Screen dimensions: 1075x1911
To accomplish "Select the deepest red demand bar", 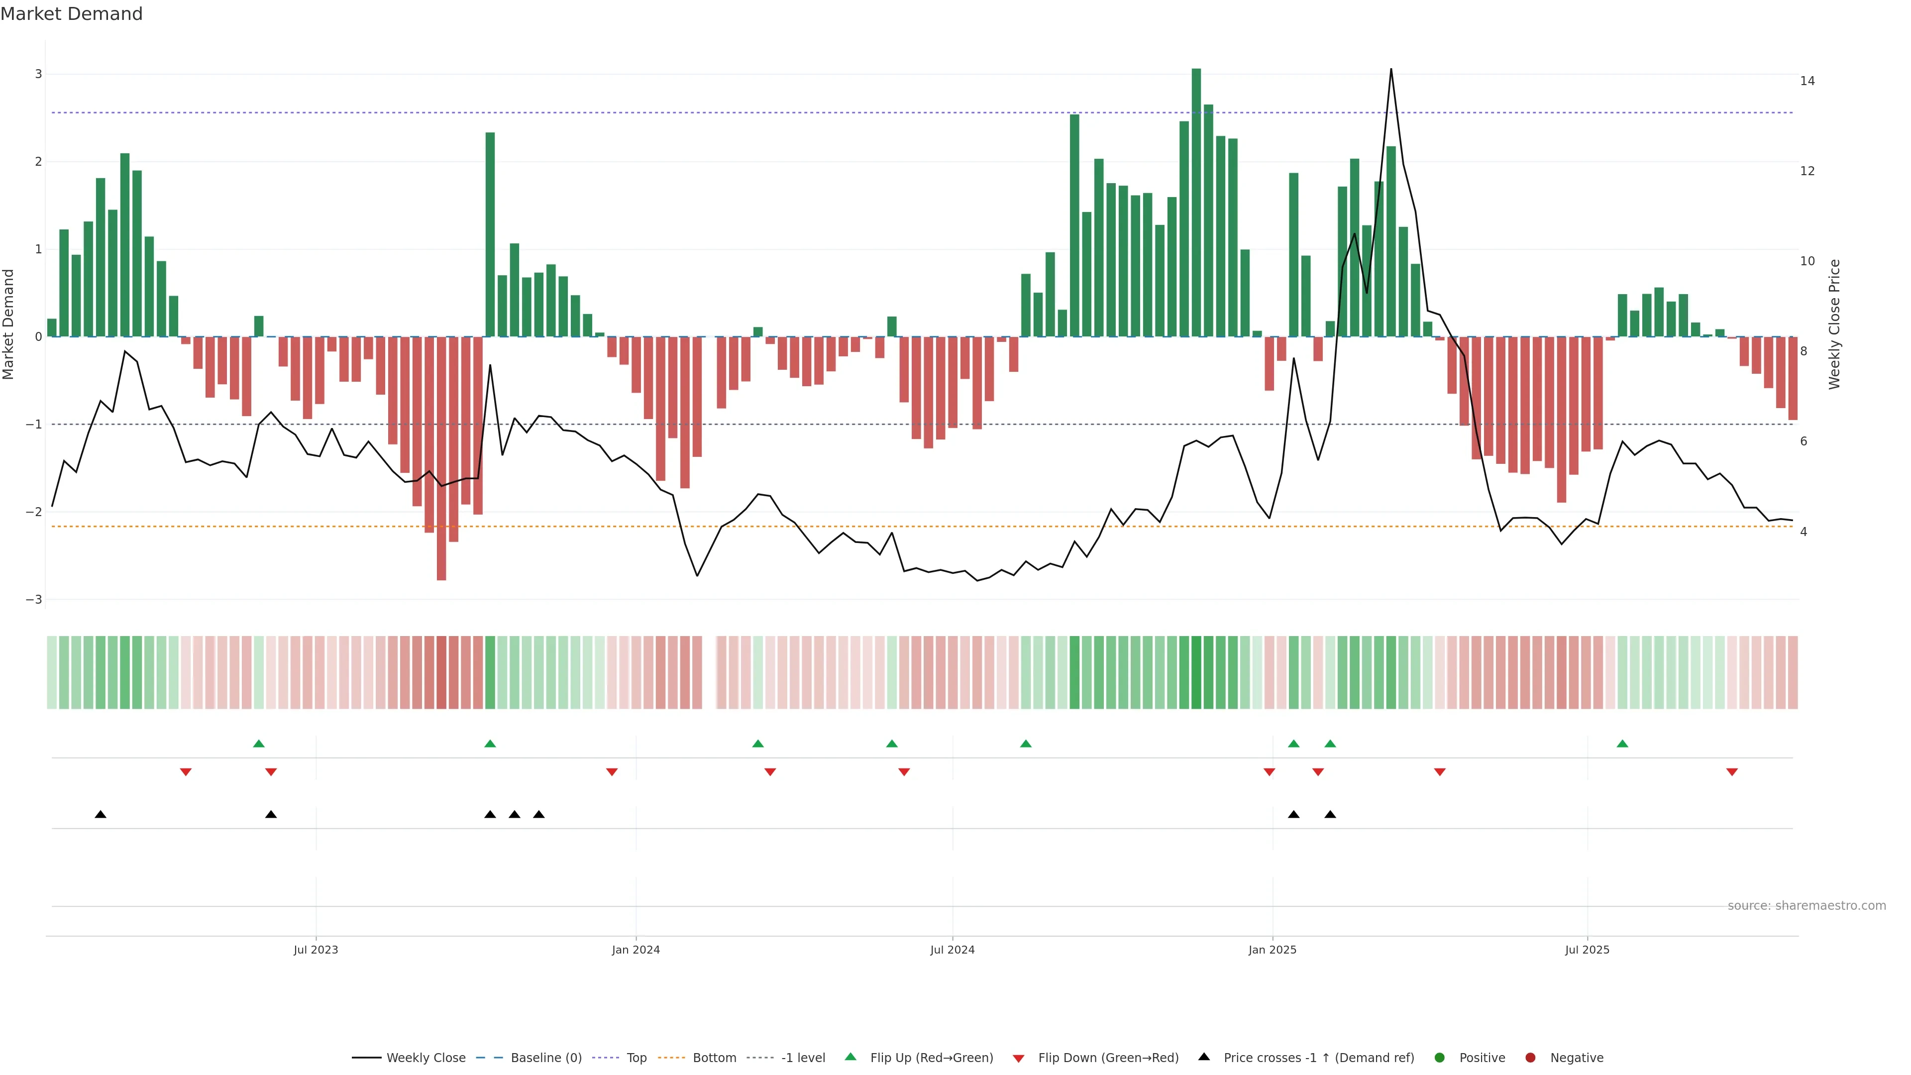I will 441,460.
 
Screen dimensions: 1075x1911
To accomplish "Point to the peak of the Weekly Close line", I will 1390,70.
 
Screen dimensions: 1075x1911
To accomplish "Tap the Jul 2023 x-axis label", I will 316,950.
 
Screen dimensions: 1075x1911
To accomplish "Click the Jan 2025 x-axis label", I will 1273,950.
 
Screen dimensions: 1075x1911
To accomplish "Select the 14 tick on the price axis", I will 1807,81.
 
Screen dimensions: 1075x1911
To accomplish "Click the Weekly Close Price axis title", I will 1834,324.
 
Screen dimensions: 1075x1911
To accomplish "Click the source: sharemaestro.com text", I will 1806,906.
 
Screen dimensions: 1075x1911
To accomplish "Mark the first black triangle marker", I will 101,815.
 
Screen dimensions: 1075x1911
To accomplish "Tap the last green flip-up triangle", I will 1622,744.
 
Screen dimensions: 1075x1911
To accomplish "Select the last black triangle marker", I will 1330,815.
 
